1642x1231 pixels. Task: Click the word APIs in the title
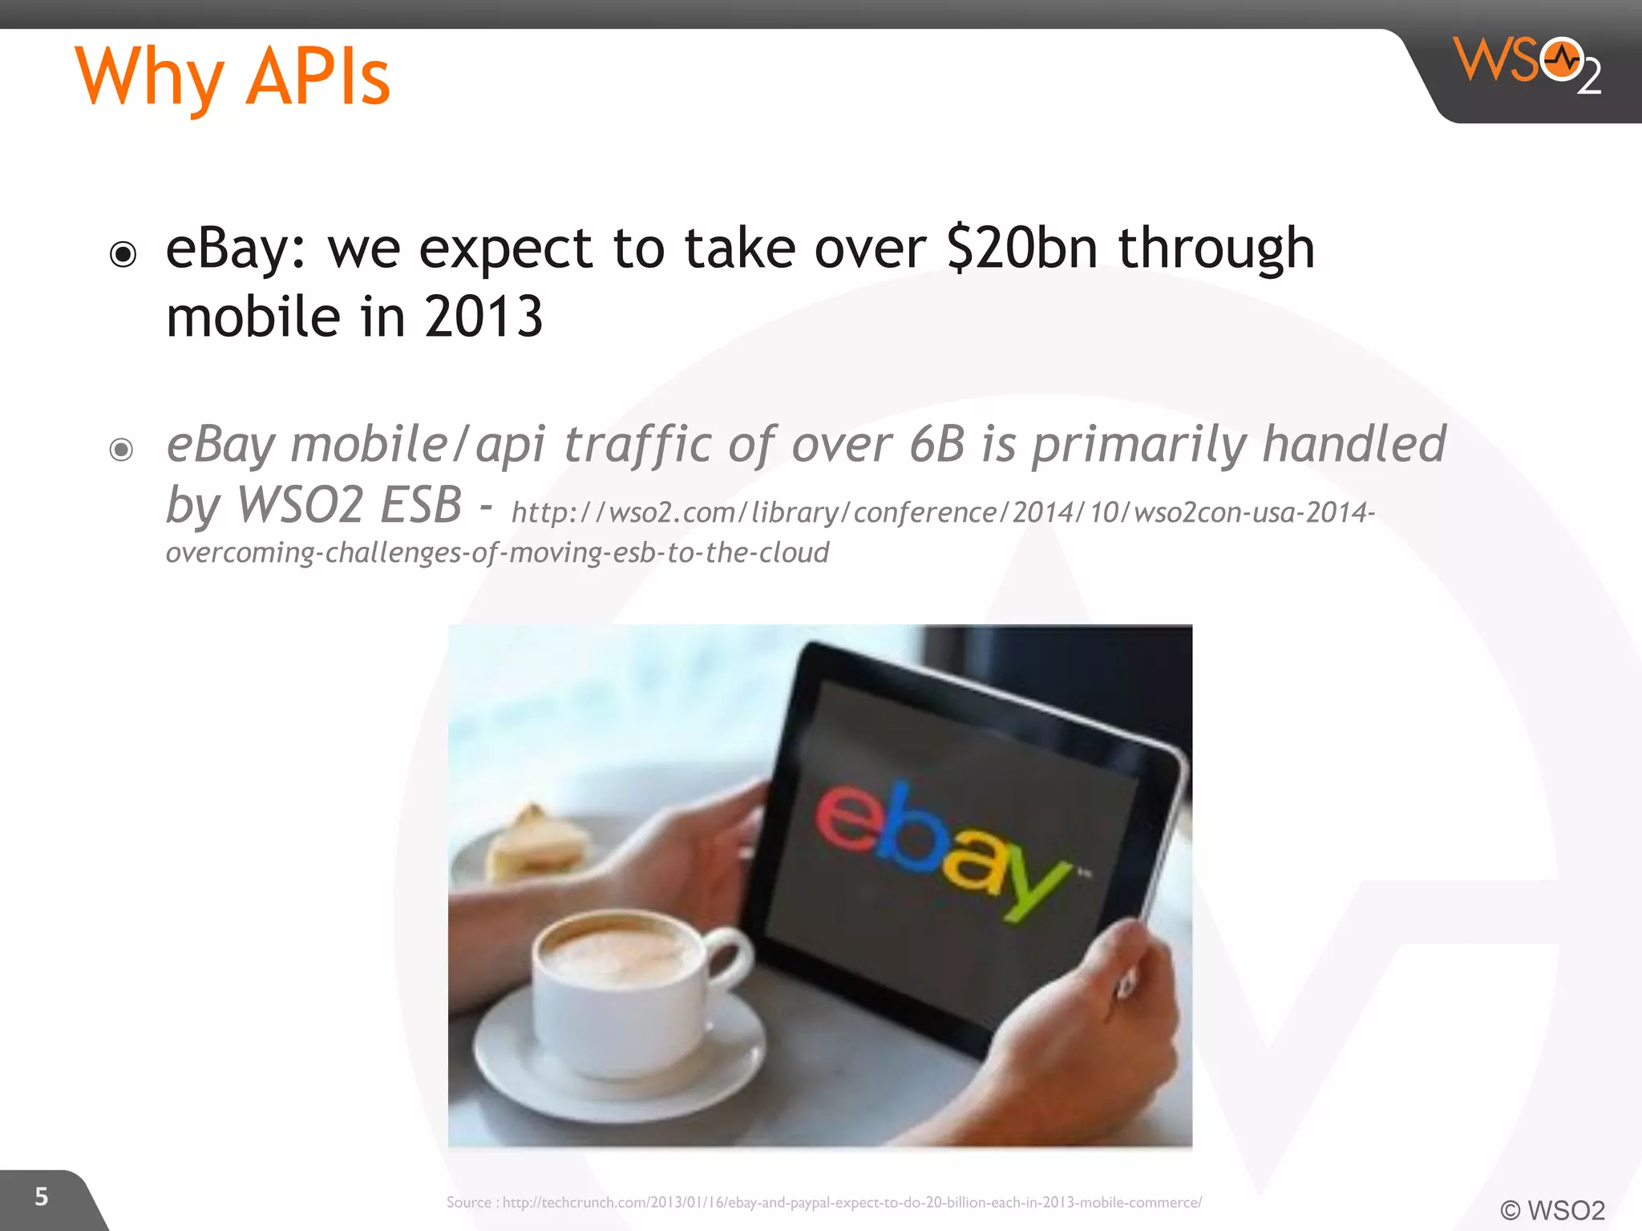click(317, 78)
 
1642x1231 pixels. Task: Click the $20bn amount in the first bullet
click(1021, 248)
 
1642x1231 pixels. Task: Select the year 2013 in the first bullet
click(483, 317)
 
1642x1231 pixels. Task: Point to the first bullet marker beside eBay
click(123, 255)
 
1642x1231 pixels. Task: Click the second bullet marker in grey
click(121, 450)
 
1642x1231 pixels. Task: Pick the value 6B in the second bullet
click(936, 444)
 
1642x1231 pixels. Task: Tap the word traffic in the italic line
click(637, 444)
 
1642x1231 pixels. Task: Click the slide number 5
click(42, 1197)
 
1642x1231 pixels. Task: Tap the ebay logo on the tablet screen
click(942, 850)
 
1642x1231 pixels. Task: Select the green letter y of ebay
click(1034, 890)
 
